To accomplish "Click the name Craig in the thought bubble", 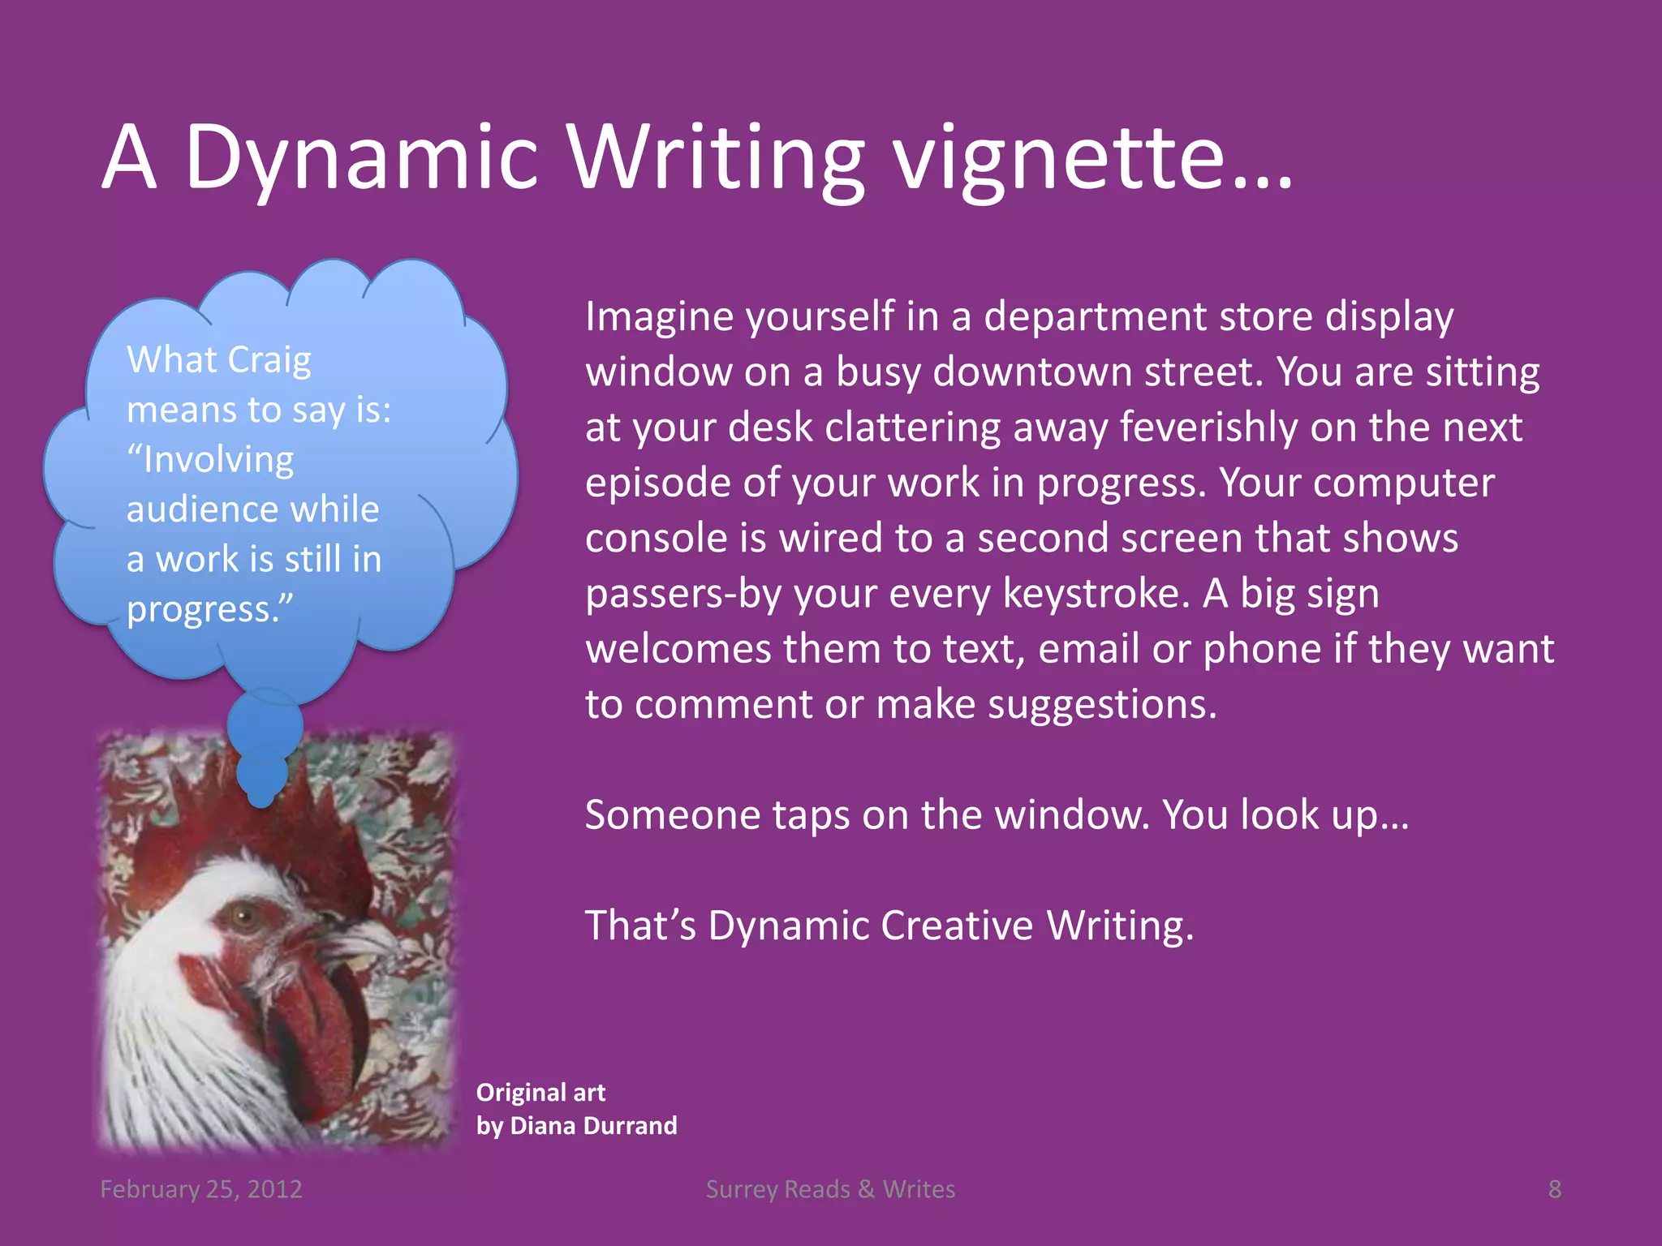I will [x=269, y=360].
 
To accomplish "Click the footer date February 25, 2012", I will [x=201, y=1189].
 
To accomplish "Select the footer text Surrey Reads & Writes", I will [x=830, y=1189].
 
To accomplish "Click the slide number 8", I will [x=1554, y=1189].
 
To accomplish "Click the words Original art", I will [x=540, y=1093].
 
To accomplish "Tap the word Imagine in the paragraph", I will [x=659, y=316].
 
